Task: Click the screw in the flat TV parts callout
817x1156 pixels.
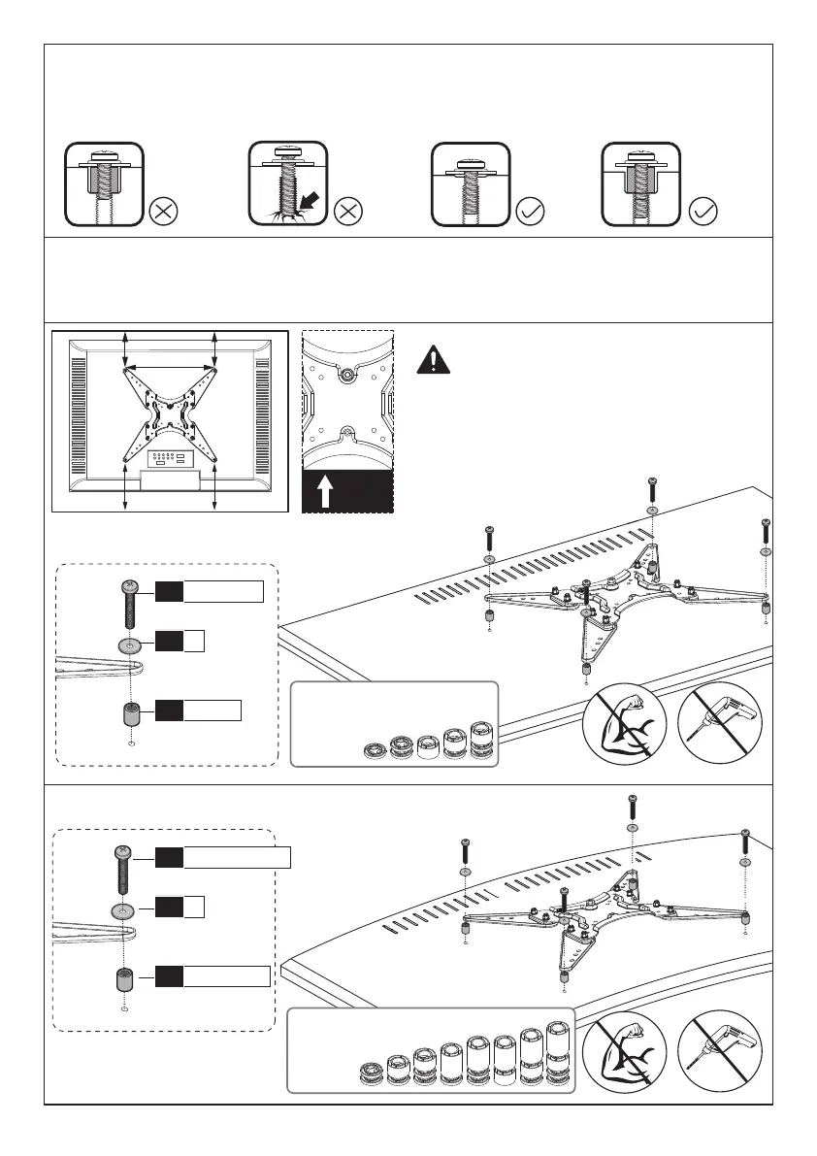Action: [128, 603]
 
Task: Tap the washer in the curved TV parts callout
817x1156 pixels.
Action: [121, 911]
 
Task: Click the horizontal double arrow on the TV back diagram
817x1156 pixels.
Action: [170, 367]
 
